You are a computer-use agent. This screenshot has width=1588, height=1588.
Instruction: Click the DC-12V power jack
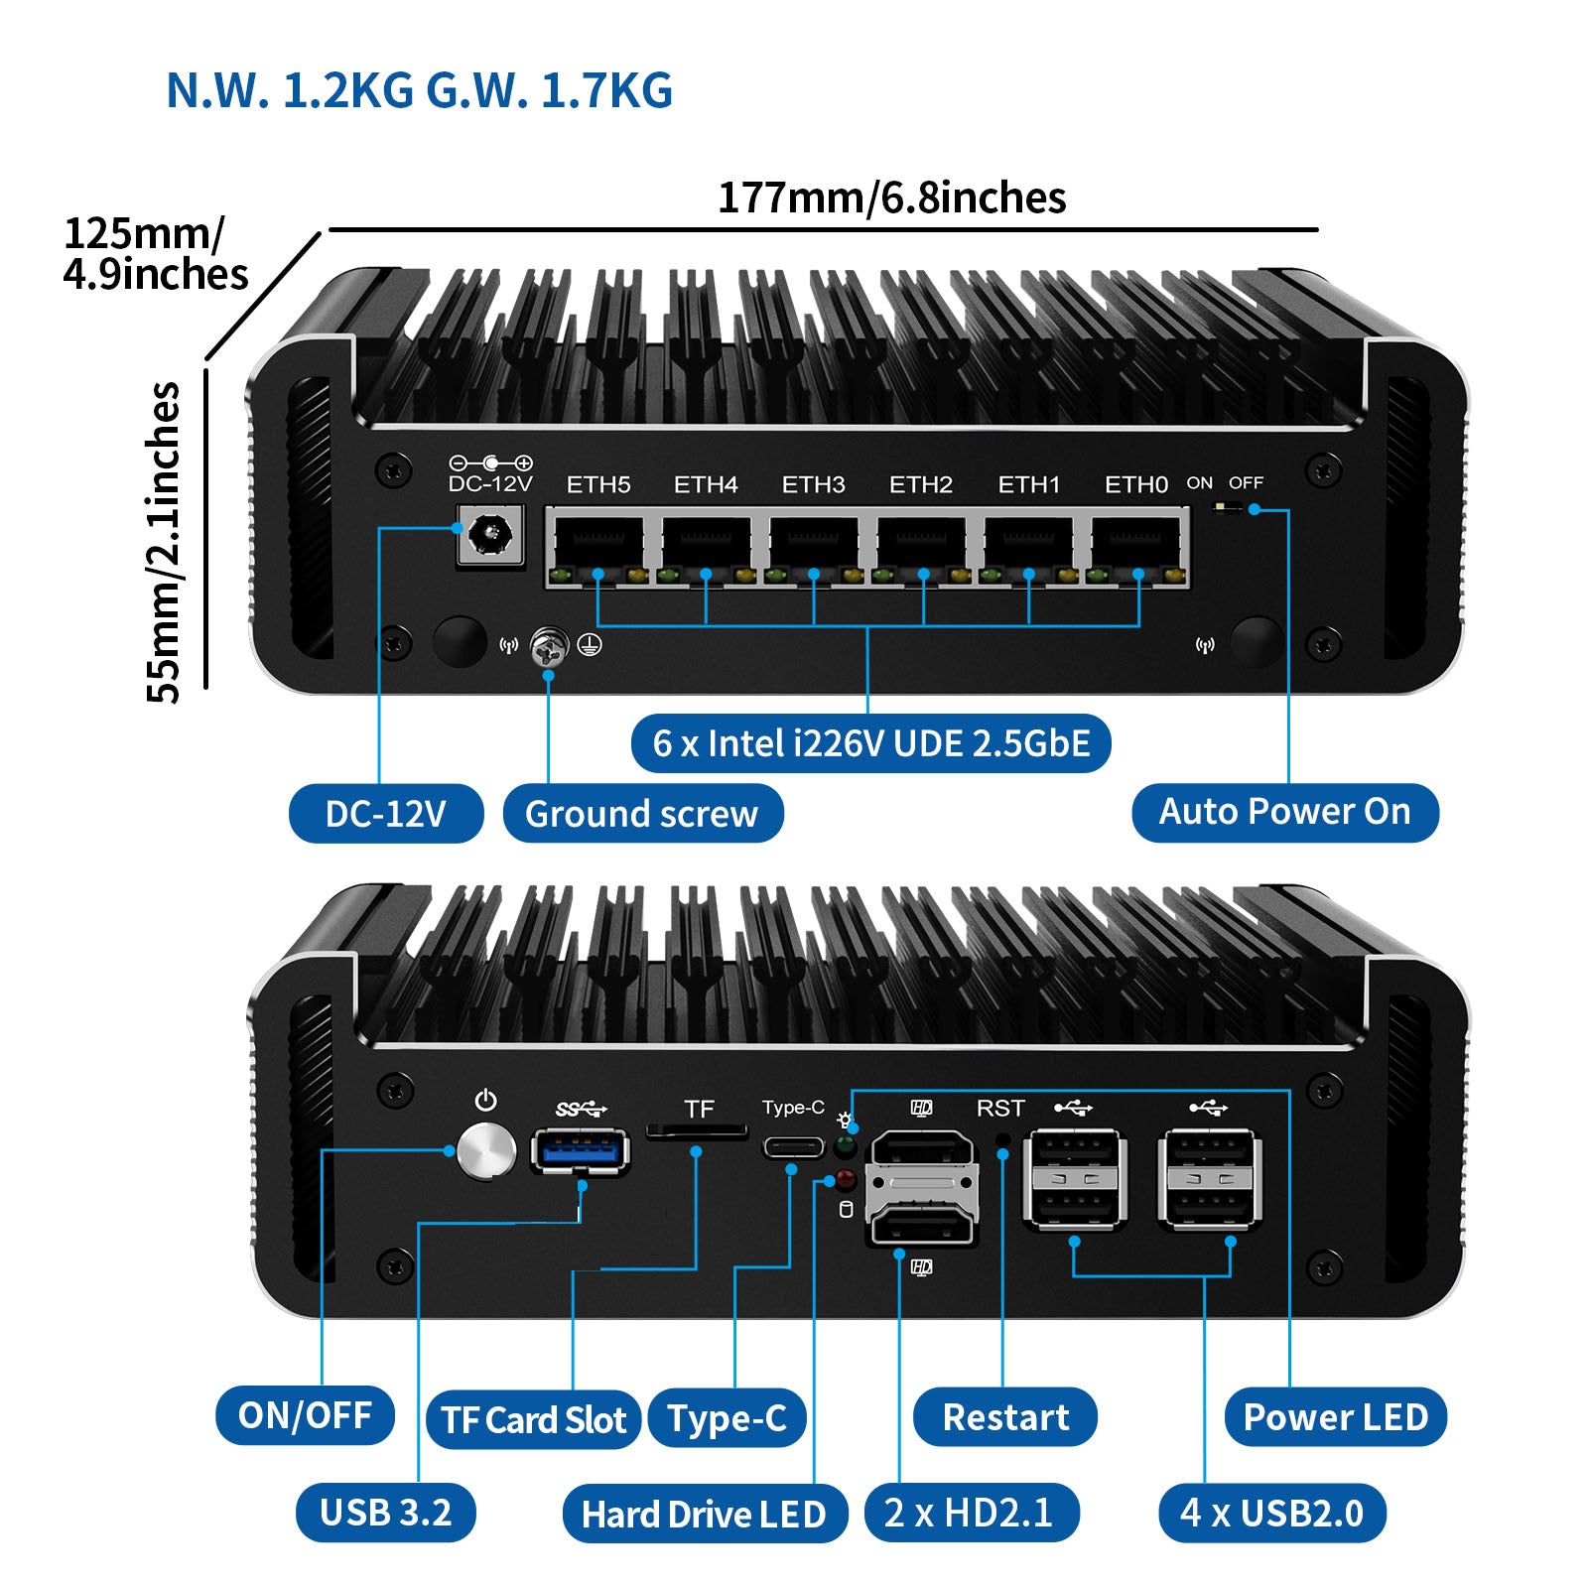coord(489,537)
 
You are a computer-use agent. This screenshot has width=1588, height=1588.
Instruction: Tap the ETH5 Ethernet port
coord(598,545)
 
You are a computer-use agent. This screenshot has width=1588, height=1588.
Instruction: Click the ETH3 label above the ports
coord(813,484)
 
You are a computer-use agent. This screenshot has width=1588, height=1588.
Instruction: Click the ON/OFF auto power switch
coord(1229,508)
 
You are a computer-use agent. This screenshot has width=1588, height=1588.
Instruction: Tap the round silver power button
coord(486,1151)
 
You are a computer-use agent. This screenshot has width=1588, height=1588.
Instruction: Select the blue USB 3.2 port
coord(581,1151)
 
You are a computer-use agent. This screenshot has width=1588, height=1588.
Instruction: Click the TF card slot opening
coord(697,1131)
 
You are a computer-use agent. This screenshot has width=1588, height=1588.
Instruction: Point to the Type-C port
coord(792,1148)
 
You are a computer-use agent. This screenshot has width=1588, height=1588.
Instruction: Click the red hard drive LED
coord(845,1179)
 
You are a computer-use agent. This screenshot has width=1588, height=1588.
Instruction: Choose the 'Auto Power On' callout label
coord(1284,812)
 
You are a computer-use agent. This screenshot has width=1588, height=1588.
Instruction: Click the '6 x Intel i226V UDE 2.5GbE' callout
coord(870,742)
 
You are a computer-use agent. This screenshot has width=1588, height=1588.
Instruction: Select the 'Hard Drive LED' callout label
coord(704,1514)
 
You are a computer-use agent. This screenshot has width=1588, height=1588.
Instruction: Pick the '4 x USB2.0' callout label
coord(1271,1513)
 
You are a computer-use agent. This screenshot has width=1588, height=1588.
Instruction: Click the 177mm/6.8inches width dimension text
coord(891,198)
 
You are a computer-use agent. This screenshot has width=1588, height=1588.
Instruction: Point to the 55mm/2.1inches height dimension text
coord(164,542)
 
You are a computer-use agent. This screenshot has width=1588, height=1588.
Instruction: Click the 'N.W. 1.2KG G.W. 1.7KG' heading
coord(419,90)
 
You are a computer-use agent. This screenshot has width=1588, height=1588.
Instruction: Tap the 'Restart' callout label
coord(1004,1417)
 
